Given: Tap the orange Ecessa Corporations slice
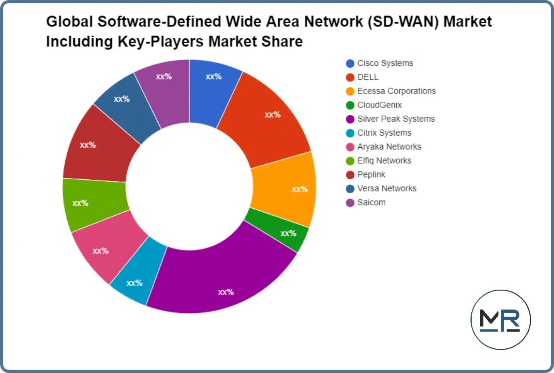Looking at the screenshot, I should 285,189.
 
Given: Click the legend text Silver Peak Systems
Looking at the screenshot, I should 396,119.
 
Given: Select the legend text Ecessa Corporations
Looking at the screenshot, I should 396,91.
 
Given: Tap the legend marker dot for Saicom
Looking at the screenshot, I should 350,202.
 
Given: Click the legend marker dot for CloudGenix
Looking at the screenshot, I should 350,105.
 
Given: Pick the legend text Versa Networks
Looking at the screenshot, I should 387,188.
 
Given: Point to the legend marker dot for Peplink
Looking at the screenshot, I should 350,174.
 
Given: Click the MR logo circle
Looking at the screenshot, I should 500,320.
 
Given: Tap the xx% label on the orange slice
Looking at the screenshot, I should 299,189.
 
